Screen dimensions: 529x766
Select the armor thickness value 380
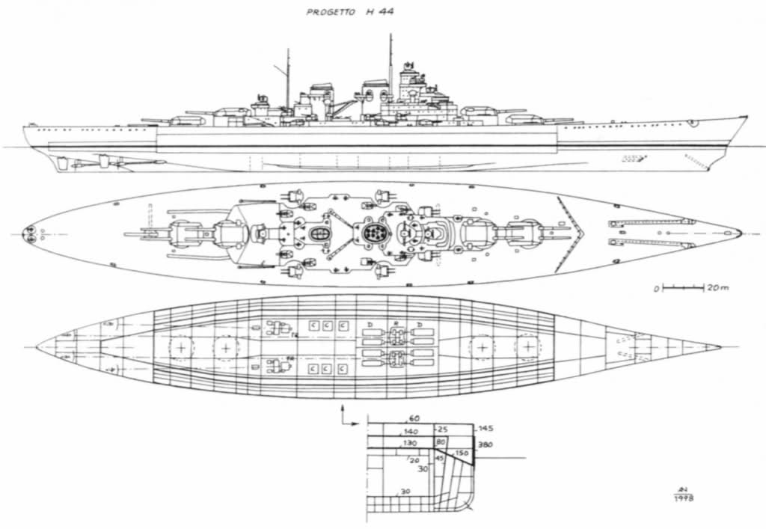point(485,444)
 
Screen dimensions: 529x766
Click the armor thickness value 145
point(485,429)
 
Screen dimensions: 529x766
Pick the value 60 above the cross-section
point(413,419)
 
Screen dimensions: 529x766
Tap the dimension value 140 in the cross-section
point(410,432)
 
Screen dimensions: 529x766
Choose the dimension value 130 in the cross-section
point(410,443)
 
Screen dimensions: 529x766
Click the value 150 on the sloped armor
point(461,453)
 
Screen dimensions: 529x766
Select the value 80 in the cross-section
point(441,443)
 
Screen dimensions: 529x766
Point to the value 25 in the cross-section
point(442,429)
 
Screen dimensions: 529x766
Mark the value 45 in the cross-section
point(440,458)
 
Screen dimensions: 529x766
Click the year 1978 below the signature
point(684,498)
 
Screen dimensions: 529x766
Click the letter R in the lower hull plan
point(395,324)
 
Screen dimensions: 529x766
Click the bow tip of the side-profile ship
point(746,117)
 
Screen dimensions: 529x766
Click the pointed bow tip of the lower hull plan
point(720,347)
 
